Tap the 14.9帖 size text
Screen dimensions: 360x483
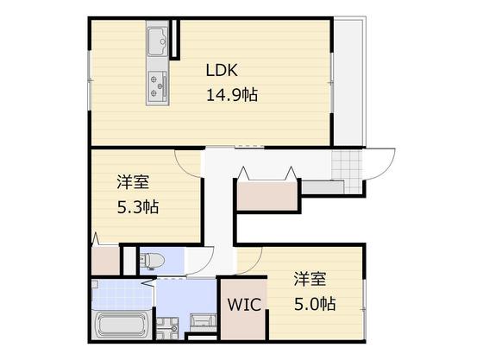[x=232, y=94]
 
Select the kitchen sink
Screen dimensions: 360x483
[x=158, y=40]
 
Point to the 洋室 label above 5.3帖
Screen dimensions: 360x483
[x=133, y=182]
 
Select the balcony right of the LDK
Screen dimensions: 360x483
[x=350, y=82]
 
